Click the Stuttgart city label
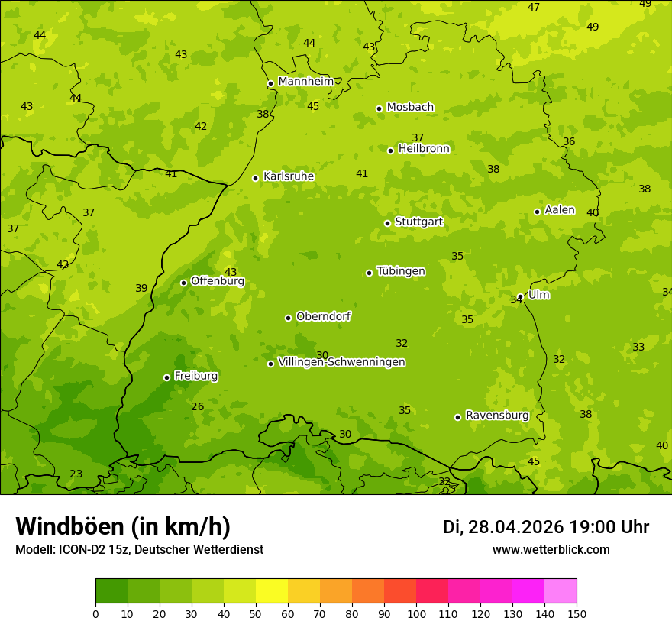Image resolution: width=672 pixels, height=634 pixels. (x=418, y=222)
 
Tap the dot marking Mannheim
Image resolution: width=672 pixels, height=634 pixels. (x=270, y=84)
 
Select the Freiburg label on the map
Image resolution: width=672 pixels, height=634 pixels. (x=195, y=376)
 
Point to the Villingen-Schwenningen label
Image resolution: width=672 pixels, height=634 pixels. (x=341, y=362)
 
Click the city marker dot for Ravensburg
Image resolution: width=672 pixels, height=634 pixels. (x=457, y=417)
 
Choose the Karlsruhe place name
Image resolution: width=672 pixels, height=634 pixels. (x=288, y=176)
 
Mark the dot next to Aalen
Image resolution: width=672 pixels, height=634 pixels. (x=537, y=212)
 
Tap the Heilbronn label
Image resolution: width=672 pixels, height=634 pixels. (x=424, y=149)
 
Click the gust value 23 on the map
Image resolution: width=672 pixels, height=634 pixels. (x=76, y=474)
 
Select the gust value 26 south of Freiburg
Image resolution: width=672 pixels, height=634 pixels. (x=198, y=407)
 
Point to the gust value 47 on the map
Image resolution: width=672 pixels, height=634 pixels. (x=534, y=8)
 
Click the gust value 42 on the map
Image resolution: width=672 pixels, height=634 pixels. (x=201, y=127)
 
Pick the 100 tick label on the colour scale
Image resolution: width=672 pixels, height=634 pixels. (x=416, y=613)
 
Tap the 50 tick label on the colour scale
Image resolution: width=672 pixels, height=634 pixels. (x=256, y=613)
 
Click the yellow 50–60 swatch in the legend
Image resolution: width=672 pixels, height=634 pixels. (x=272, y=591)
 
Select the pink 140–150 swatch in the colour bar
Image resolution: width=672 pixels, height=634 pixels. (x=561, y=591)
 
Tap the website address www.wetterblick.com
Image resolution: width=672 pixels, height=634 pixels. (x=551, y=550)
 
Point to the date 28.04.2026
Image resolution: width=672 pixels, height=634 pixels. (x=515, y=527)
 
